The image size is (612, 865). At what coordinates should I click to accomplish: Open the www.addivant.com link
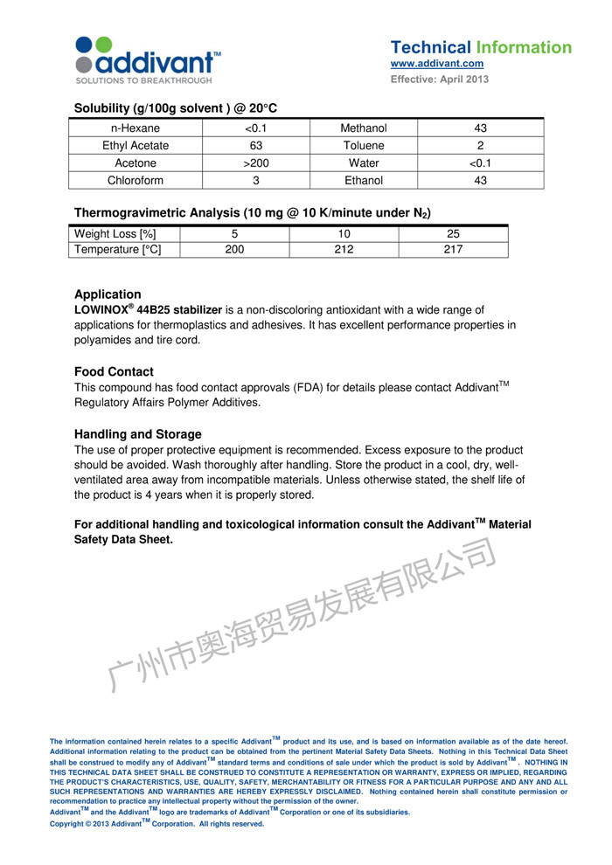click(436, 64)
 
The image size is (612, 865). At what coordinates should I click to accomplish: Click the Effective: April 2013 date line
click(439, 80)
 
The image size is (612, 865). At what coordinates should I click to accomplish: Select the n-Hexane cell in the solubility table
click(136, 128)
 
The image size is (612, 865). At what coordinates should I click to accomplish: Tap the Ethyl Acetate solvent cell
click(136, 145)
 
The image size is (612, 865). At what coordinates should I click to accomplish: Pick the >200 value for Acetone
click(256, 163)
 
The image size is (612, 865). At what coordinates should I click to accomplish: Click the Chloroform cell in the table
click(136, 180)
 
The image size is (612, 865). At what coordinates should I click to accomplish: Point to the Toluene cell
click(363, 145)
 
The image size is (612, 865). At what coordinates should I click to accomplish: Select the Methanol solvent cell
click(363, 128)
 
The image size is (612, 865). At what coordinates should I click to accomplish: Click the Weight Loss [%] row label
click(115, 233)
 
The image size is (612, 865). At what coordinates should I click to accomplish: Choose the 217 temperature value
click(453, 250)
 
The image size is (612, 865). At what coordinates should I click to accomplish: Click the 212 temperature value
click(344, 250)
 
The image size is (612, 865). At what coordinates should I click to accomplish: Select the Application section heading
click(108, 294)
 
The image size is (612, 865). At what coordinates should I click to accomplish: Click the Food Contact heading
click(114, 371)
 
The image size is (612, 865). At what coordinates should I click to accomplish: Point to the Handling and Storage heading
click(138, 434)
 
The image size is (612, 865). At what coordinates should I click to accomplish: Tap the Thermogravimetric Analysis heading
click(252, 212)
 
